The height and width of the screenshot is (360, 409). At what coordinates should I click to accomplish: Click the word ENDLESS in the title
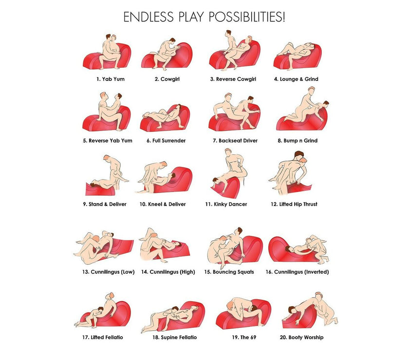148,17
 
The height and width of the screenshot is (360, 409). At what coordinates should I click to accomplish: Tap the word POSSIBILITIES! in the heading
246,17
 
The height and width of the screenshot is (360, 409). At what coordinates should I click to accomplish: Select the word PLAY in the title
191,17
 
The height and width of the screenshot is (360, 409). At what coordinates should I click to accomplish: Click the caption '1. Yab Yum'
111,79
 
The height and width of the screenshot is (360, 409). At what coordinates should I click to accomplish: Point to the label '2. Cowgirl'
167,79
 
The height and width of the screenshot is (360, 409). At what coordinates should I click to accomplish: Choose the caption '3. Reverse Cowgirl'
233,79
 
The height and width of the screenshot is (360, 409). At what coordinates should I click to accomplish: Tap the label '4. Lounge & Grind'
296,79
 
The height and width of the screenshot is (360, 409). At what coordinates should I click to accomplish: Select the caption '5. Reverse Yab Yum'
108,141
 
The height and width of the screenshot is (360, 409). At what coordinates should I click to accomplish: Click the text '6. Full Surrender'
166,141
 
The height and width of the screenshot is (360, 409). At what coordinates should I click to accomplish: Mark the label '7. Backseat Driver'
235,141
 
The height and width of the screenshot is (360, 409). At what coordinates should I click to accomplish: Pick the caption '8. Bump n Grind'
297,141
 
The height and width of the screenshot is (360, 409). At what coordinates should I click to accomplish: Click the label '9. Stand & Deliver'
105,204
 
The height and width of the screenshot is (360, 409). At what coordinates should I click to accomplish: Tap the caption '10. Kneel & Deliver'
163,204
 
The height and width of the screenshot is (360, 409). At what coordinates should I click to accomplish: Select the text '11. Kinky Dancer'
226,204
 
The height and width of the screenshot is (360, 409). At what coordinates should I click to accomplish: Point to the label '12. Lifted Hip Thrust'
294,204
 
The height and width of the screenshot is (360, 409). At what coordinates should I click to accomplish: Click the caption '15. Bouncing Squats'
229,272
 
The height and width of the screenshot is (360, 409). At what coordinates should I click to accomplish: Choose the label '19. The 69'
244,337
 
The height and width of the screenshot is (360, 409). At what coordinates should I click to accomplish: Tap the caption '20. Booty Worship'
301,337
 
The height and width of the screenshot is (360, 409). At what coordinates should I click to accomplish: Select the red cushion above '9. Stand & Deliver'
100,190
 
